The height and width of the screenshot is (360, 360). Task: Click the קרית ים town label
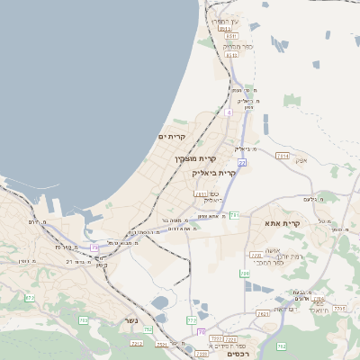tap(171, 137)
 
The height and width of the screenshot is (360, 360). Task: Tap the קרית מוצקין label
tap(196, 158)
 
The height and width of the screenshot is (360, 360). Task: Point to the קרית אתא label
tap(282, 222)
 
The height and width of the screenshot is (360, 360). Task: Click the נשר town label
tap(132, 321)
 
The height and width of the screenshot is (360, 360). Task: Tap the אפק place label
tap(301, 160)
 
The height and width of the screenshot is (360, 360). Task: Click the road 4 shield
tap(229, 113)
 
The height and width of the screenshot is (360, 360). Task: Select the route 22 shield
tap(242, 162)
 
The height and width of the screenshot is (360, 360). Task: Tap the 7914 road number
tap(283, 156)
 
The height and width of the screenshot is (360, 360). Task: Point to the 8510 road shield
tap(230, 55)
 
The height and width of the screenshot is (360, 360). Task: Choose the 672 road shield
tap(30, 298)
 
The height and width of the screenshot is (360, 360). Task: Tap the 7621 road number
tap(263, 314)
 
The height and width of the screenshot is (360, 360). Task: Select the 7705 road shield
tap(339, 308)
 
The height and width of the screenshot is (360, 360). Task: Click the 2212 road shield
tap(137, 343)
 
